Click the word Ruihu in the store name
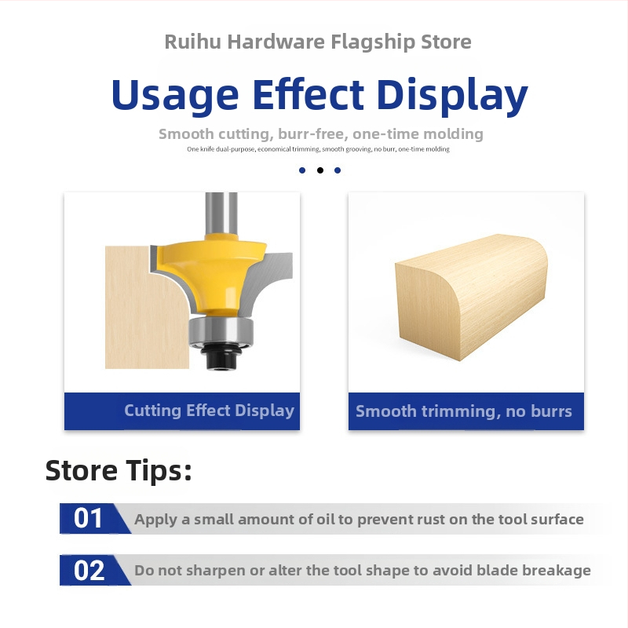point(192,42)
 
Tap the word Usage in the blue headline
point(175,95)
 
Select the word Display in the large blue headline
point(452,95)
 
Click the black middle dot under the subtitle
point(320,170)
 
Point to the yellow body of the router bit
point(212,272)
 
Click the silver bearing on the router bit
point(221,329)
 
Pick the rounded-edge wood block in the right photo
point(471,297)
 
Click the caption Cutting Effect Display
point(209,411)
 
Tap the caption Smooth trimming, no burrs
point(464,411)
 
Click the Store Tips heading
point(119,470)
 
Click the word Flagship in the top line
point(373,42)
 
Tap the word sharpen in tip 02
point(216,571)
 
